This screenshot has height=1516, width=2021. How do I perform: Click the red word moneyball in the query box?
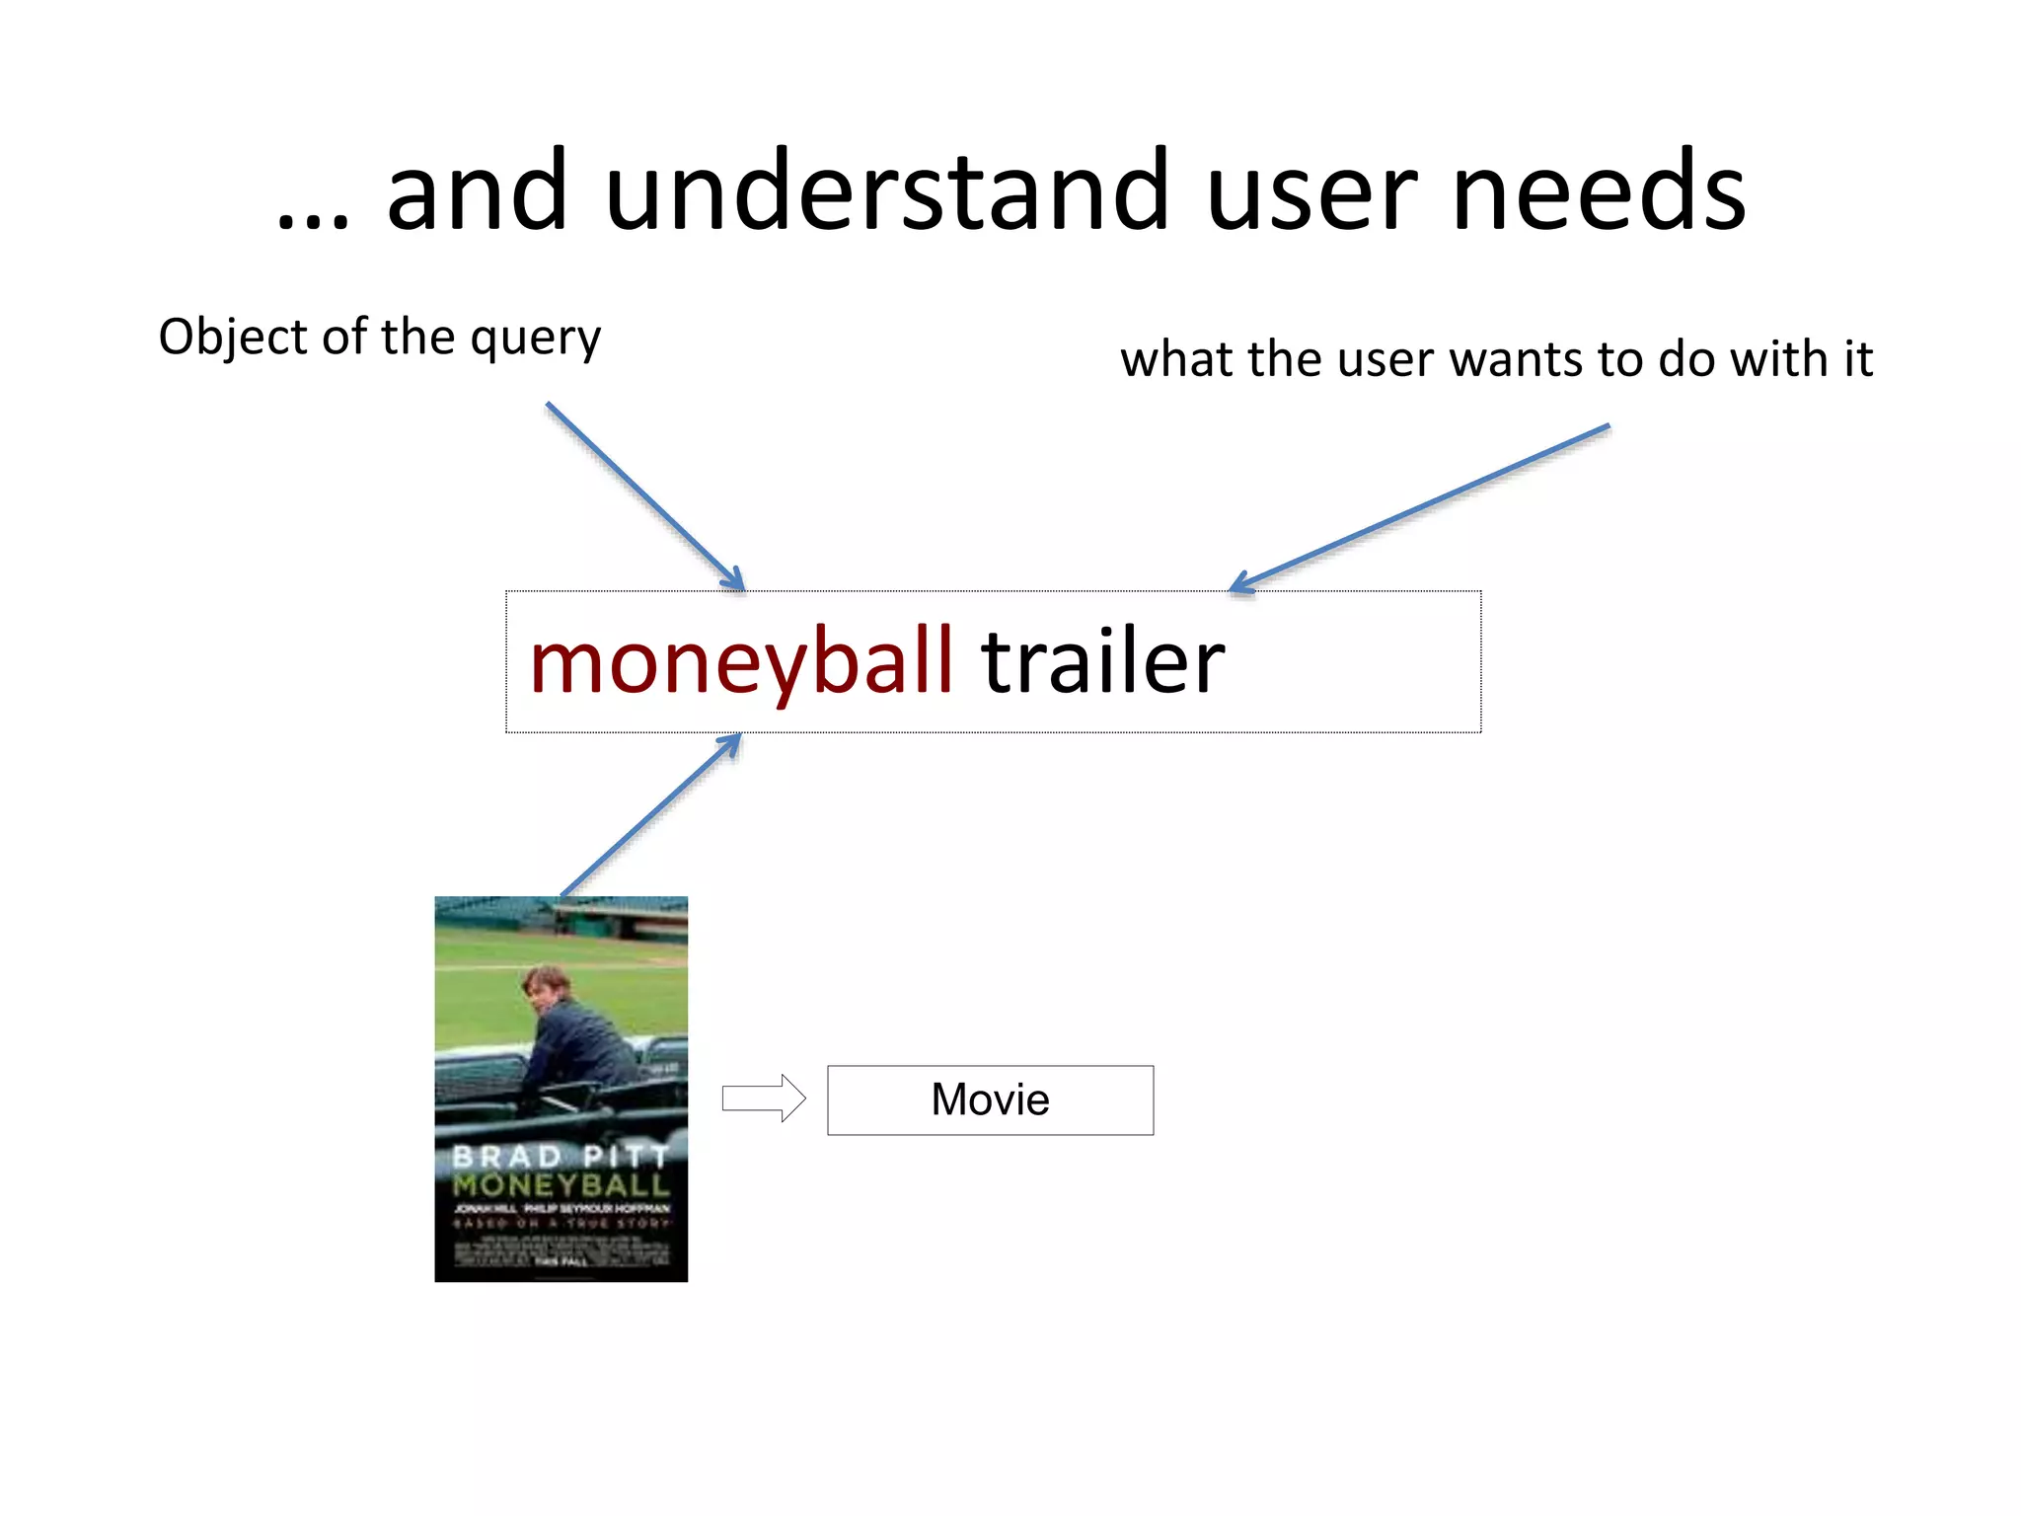pyautogui.click(x=741, y=661)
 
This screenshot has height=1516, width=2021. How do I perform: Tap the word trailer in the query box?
pyautogui.click(x=1102, y=661)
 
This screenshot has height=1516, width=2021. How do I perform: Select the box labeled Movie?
pyautogui.click(x=990, y=1099)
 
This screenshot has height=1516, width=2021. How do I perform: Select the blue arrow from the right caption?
pyautogui.click(x=1420, y=508)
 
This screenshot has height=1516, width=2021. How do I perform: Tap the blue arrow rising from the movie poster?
pyautogui.click(x=650, y=815)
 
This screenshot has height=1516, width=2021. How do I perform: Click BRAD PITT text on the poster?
pyautogui.click(x=560, y=1156)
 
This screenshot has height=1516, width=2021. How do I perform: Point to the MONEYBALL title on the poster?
pyautogui.click(x=561, y=1184)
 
